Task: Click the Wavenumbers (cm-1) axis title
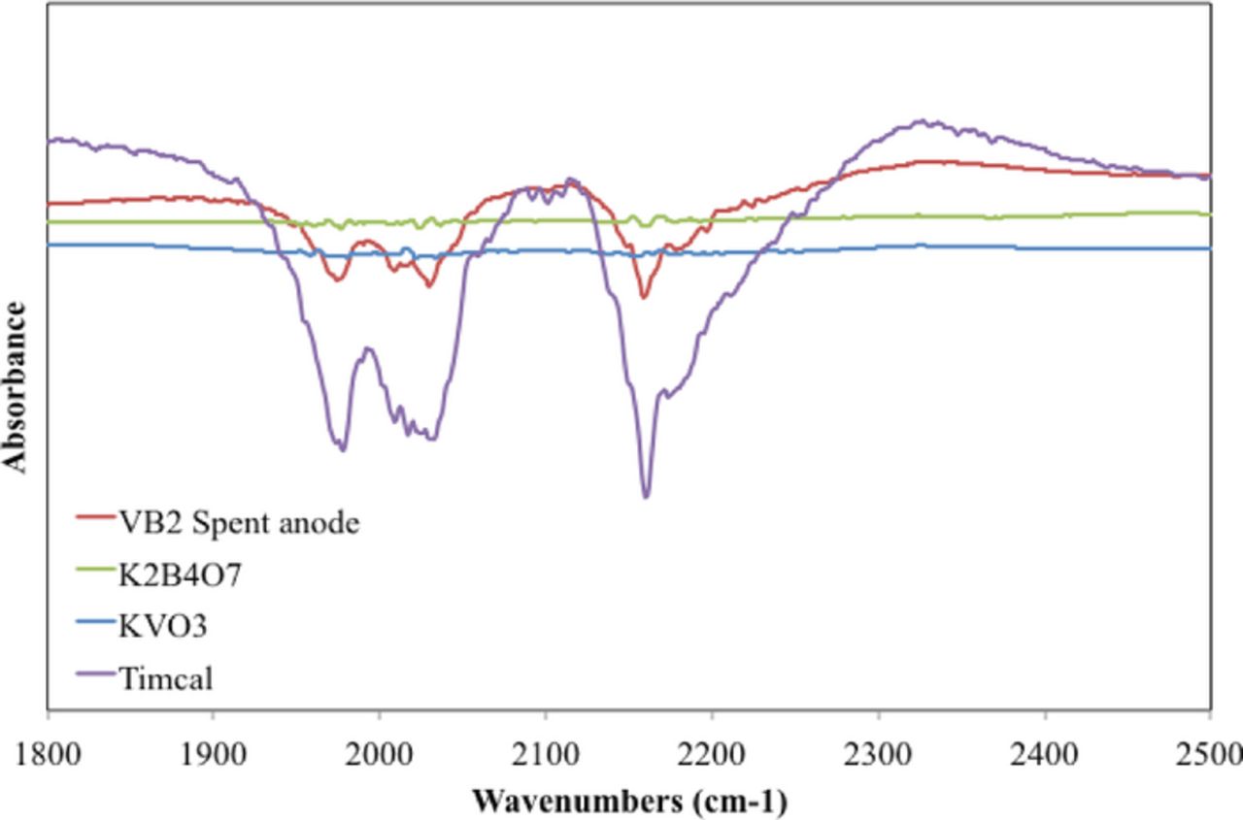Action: pyautogui.click(x=629, y=802)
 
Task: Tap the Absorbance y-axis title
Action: pyautogui.click(x=16, y=386)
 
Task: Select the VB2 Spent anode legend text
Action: pyautogui.click(x=240, y=524)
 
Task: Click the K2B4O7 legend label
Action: pyautogui.click(x=182, y=574)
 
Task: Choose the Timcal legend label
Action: pyautogui.click(x=166, y=676)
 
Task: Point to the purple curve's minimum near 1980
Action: pyautogui.click(x=342, y=449)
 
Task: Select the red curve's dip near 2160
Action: pyautogui.click(x=643, y=297)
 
